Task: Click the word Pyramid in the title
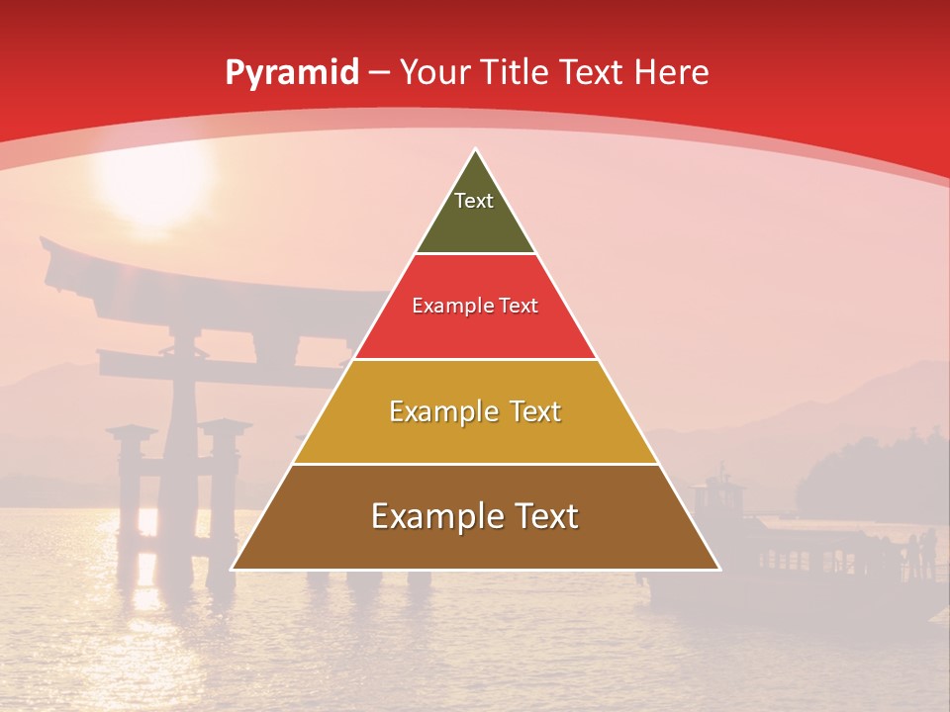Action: click(291, 73)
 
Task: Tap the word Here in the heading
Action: click(672, 72)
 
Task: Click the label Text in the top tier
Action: click(474, 201)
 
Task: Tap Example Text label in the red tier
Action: click(475, 306)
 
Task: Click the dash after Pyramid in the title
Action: click(380, 73)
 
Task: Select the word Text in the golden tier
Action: click(530, 411)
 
